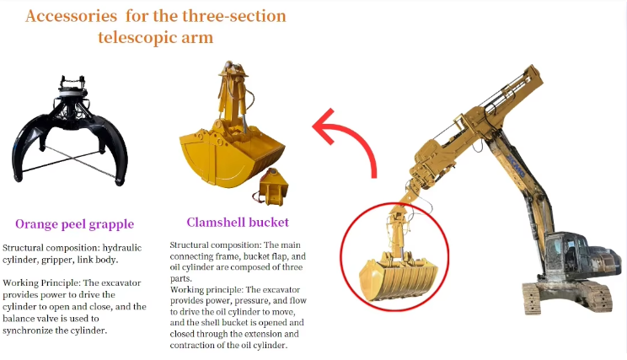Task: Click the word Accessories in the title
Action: pyautogui.click(x=71, y=16)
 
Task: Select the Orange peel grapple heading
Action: pyautogui.click(x=74, y=224)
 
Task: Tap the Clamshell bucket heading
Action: pyautogui.click(x=238, y=223)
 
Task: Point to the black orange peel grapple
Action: pyautogui.click(x=70, y=130)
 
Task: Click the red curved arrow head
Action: pyautogui.click(x=324, y=126)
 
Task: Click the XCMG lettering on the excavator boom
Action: pyautogui.click(x=516, y=164)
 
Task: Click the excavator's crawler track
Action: pyautogui.click(x=568, y=297)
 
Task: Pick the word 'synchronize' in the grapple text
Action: pyautogui.click(x=27, y=330)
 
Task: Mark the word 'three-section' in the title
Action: pyautogui.click(x=234, y=16)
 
